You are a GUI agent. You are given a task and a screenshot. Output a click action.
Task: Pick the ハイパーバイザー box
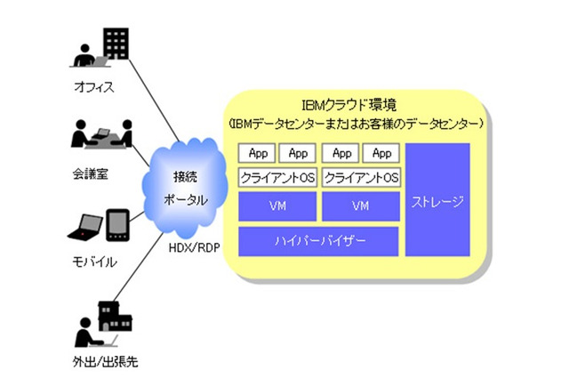(318, 241)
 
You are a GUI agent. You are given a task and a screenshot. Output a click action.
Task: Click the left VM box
(277, 206)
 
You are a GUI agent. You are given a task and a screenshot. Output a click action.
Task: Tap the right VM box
(360, 206)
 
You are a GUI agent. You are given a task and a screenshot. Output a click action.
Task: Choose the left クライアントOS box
(277, 177)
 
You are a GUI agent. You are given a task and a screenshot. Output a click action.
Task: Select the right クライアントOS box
(360, 177)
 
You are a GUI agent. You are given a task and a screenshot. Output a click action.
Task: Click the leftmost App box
(257, 153)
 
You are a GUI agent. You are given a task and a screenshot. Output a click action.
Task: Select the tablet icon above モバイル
(118, 225)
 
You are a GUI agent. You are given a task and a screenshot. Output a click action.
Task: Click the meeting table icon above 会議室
(101, 136)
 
